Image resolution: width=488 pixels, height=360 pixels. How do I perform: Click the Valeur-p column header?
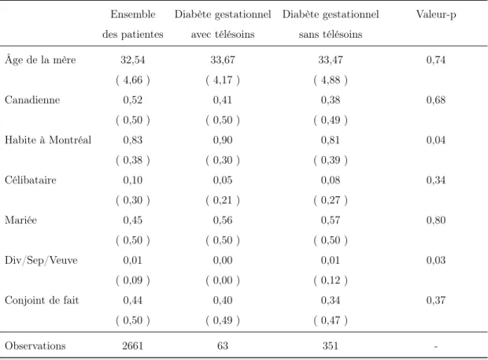click(x=436, y=15)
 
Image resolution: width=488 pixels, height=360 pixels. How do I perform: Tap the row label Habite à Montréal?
click(x=48, y=140)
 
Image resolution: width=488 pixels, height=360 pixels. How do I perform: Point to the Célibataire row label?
click(x=31, y=180)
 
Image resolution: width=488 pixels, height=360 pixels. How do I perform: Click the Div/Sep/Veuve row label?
click(x=41, y=260)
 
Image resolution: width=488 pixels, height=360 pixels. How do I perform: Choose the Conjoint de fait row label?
click(x=42, y=300)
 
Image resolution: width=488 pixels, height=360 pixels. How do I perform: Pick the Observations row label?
click(x=35, y=346)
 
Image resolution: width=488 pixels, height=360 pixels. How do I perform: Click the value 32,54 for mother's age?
click(x=133, y=60)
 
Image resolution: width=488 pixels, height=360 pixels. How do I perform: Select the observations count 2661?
click(x=132, y=346)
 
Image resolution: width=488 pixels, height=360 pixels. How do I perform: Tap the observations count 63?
click(x=223, y=346)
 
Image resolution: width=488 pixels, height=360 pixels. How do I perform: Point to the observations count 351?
click(x=331, y=346)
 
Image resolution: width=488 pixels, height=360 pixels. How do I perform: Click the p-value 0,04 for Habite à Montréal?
click(x=436, y=140)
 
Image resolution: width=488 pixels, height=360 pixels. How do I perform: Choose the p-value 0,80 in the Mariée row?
click(x=436, y=220)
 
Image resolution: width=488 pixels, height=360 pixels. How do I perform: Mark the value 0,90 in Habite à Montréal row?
click(x=223, y=140)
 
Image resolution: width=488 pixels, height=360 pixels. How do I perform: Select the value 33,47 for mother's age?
click(x=331, y=60)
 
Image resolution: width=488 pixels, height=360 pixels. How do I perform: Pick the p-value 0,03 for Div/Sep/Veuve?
click(x=436, y=260)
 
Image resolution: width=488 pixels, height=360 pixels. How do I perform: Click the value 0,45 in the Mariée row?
click(x=132, y=220)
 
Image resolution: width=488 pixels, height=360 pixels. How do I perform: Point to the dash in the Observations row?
click(x=436, y=347)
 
